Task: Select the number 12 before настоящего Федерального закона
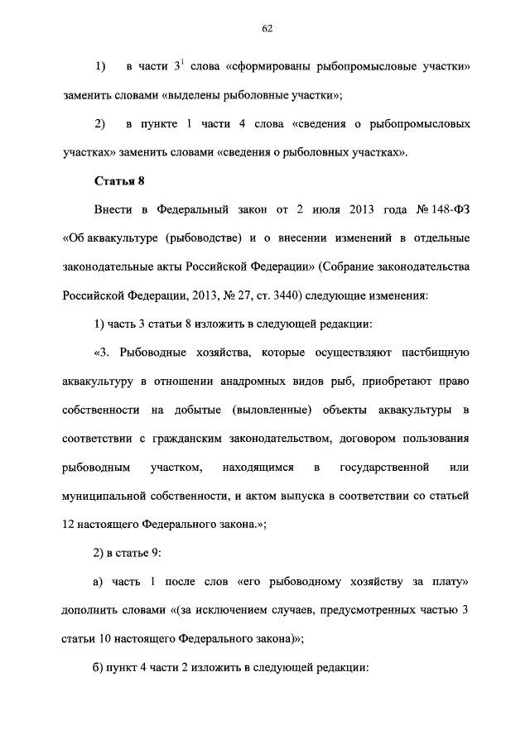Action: point(69,526)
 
